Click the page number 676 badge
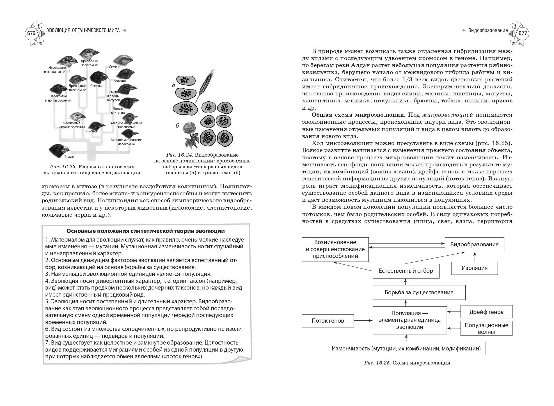(x=31, y=33)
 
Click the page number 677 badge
(x=523, y=33)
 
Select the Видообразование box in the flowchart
(x=474, y=244)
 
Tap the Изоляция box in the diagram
(x=474, y=268)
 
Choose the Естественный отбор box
(x=406, y=271)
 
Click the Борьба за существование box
(x=419, y=292)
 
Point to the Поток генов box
(x=328, y=321)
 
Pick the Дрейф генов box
(x=486, y=312)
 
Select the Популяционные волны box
(x=486, y=328)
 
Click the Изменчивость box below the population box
(x=406, y=349)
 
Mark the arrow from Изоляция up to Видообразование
(x=475, y=257)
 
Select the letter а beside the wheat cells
(x=173, y=86)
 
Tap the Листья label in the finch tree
(x=91, y=131)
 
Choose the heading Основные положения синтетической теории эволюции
(x=145, y=231)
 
